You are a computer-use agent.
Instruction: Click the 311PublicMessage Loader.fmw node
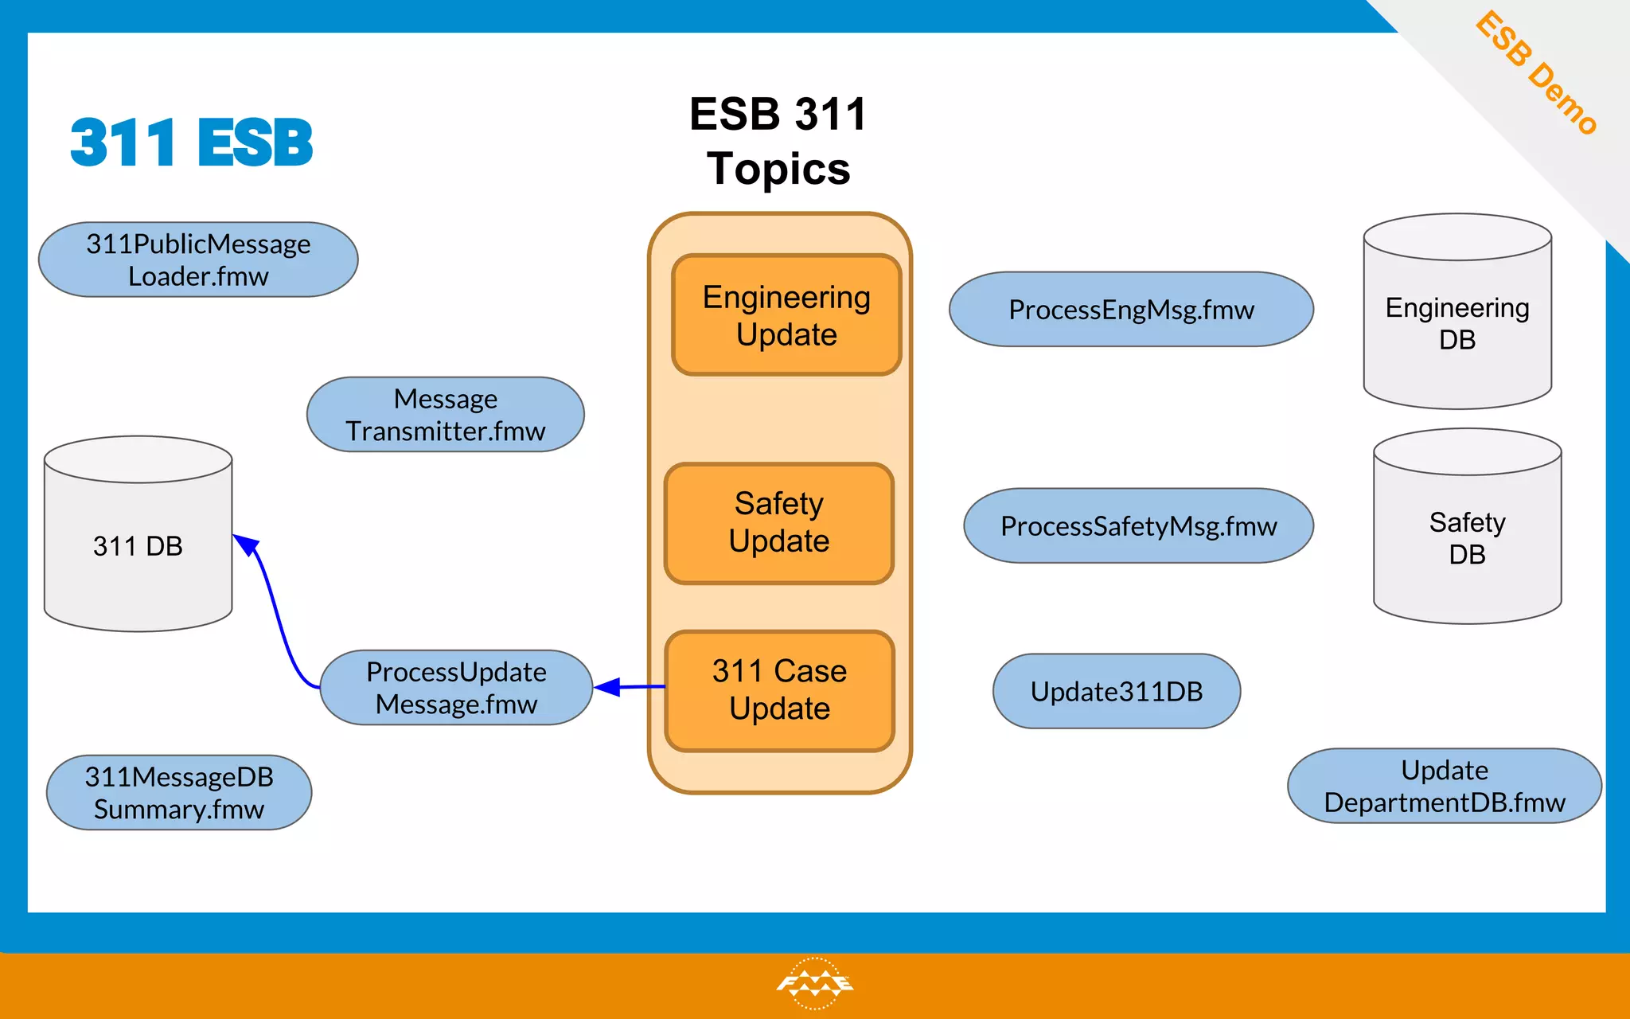coord(198,260)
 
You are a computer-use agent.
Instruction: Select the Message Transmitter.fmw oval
coord(446,415)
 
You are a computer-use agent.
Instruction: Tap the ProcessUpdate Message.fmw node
coord(456,688)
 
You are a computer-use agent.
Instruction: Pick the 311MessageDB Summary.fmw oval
coord(179,793)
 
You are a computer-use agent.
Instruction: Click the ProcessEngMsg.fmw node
coord(1131,310)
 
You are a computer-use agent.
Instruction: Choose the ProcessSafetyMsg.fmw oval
coord(1138,526)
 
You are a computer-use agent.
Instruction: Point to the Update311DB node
coord(1117,692)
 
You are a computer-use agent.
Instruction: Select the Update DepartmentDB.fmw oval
coord(1445,787)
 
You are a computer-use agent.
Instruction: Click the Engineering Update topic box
coord(786,315)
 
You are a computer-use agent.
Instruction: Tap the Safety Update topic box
coord(779,523)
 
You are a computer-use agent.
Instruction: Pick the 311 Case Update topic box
coord(780,690)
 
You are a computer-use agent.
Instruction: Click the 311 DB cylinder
coord(138,546)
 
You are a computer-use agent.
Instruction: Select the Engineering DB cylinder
coord(1457,323)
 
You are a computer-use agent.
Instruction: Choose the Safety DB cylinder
coord(1467,538)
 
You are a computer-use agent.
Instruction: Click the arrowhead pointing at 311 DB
coord(247,545)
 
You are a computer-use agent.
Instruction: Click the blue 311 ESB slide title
coord(192,143)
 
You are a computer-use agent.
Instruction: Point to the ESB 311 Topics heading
coord(778,141)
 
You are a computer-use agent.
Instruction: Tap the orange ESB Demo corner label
coord(1536,72)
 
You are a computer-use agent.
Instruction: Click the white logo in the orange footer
coord(814,983)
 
